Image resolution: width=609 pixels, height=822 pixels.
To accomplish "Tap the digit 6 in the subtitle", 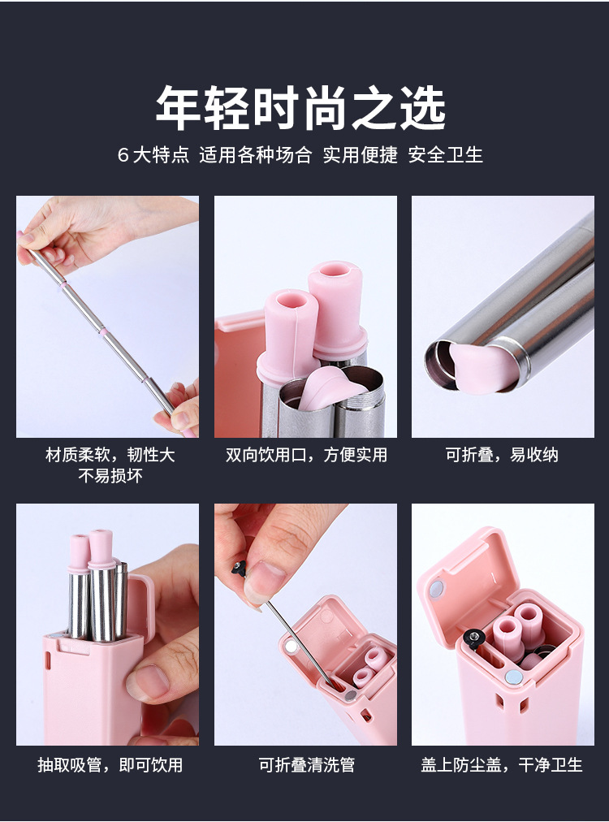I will (x=123, y=155).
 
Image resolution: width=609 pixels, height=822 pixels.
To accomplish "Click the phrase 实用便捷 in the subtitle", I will (x=361, y=155).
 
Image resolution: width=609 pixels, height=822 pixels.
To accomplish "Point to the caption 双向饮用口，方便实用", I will (x=305, y=455).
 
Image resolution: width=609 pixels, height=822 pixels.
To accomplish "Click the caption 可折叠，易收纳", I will (x=502, y=455).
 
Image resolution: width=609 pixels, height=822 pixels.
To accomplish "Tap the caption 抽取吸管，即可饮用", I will (x=110, y=764).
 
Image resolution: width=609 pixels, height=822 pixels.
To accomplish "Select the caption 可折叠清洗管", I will (x=306, y=764).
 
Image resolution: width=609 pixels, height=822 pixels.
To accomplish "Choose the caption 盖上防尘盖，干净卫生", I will (x=502, y=764).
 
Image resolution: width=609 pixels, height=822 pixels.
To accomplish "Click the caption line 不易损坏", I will (x=110, y=476).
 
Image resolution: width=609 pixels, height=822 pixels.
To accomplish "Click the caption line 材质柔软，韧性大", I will (x=110, y=455).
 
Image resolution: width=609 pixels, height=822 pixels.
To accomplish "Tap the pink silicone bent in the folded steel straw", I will (x=485, y=366).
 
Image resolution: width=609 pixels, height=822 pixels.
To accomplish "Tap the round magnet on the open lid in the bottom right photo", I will (x=437, y=587).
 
